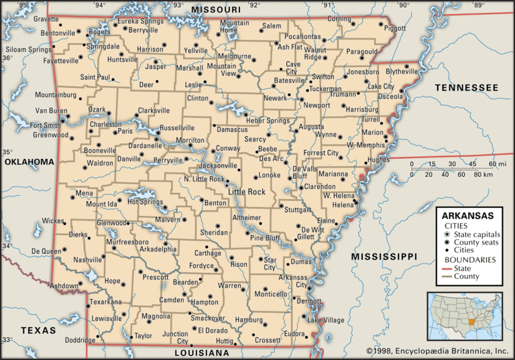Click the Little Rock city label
247,192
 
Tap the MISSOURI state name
216,9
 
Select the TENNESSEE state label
466,88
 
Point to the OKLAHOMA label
28,162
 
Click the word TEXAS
38,330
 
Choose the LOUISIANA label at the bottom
202,353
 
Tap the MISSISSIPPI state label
384,256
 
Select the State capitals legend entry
475,234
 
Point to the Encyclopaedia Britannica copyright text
437,351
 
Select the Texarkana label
106,302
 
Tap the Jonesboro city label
362,72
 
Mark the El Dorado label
214,330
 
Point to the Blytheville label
402,71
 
